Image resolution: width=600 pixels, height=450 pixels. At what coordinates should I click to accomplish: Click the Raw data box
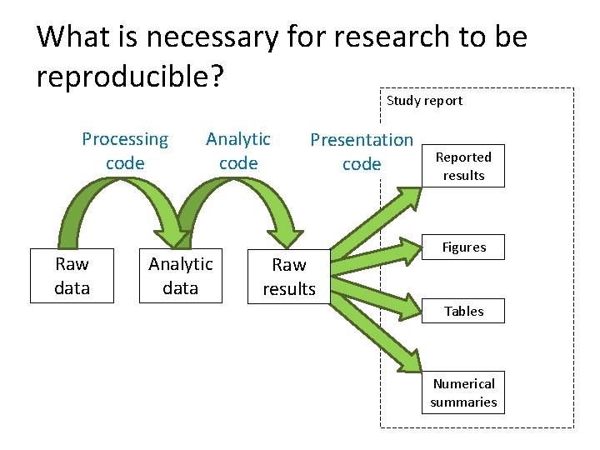tap(72, 276)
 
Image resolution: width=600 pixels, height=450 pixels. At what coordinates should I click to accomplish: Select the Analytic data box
tap(180, 276)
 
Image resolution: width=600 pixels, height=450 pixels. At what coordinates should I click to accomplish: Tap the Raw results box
tap(289, 277)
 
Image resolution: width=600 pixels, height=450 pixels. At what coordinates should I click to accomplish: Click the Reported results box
tap(463, 167)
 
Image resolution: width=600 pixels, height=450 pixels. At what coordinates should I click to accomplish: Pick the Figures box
tap(463, 247)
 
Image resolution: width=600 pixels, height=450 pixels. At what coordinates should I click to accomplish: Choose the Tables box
tap(463, 311)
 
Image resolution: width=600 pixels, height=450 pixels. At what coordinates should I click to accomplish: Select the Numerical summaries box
tap(463, 392)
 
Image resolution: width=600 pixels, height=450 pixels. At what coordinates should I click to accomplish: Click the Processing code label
tap(125, 151)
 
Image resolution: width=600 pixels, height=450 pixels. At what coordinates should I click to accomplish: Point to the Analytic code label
tap(238, 151)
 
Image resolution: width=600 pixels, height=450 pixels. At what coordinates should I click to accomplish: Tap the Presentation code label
tap(362, 152)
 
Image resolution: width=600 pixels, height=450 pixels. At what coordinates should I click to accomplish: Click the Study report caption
tap(424, 101)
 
